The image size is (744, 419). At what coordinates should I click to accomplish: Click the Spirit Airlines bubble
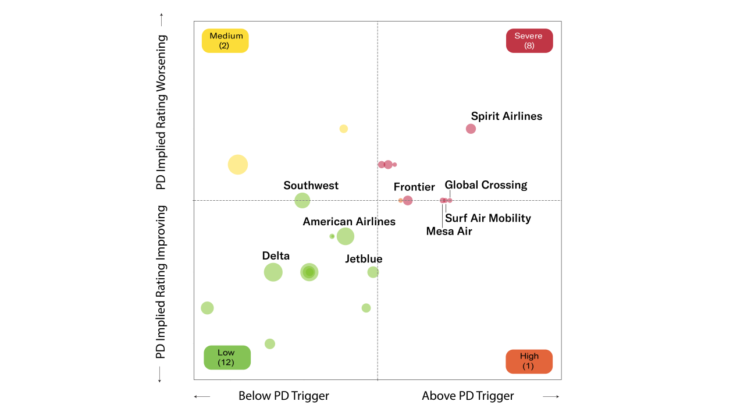471,129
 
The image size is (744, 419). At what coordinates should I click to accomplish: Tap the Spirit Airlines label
506,116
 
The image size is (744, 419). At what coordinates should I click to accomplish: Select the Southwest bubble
302,201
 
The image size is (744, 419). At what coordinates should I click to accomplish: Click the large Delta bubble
273,272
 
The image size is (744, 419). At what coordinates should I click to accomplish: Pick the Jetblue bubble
373,272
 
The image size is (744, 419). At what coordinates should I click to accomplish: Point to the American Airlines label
349,222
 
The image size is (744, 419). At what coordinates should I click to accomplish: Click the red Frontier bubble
408,200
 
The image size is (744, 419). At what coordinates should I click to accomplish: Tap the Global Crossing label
486,185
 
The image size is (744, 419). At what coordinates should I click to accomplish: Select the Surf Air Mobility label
487,218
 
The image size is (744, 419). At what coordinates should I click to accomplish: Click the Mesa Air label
449,231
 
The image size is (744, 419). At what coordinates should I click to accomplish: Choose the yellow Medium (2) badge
225,41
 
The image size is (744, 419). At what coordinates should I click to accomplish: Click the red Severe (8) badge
529,41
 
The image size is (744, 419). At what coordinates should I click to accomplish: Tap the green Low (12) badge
226,357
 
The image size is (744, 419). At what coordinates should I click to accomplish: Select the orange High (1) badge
529,361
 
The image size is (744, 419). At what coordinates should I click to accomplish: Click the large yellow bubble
237,165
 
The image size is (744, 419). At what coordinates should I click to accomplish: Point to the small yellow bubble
343,129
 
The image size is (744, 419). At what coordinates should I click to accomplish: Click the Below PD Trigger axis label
283,396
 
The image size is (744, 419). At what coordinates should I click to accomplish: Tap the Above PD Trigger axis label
468,396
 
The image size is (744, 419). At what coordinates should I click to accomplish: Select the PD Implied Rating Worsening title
161,112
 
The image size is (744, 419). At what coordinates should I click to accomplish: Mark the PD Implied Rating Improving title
161,282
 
